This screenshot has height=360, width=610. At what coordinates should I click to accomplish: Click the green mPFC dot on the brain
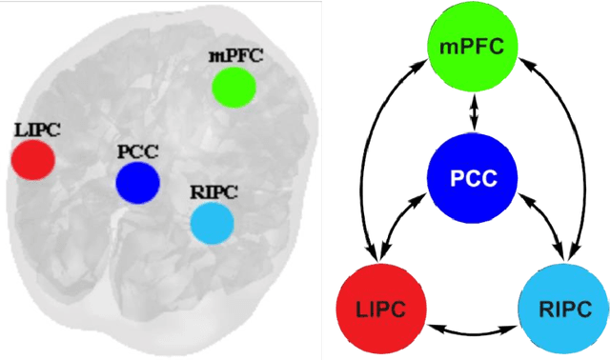[x=234, y=87]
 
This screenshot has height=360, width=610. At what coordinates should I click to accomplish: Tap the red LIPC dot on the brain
[x=32, y=159]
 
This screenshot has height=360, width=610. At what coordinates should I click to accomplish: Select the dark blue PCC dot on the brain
[x=137, y=182]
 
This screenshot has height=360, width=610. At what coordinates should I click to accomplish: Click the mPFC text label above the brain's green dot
[x=234, y=55]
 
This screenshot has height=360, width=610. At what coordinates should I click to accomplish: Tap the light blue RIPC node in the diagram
[x=564, y=309]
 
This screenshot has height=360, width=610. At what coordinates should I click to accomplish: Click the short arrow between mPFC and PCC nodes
[x=474, y=113]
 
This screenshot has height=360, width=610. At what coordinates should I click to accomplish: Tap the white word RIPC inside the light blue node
[x=564, y=310]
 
